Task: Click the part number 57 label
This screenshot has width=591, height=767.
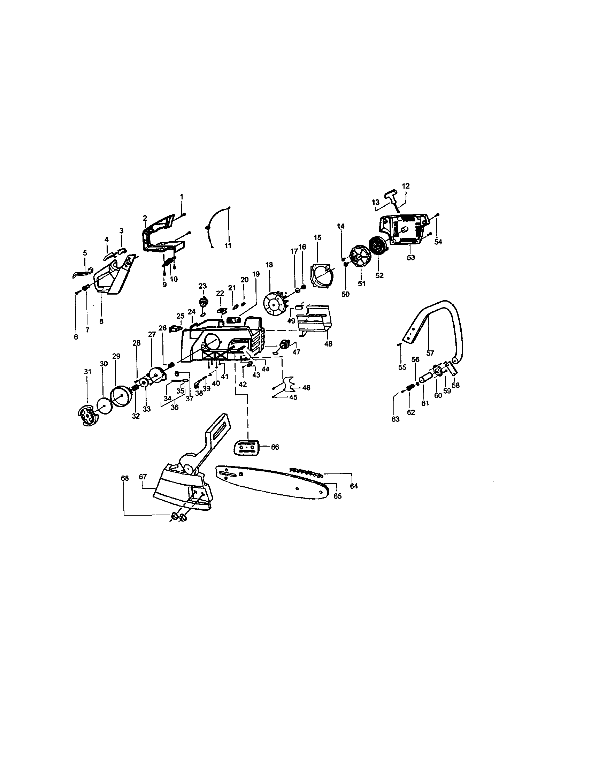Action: pyautogui.click(x=430, y=353)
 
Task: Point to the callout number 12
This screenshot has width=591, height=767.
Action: pyautogui.click(x=405, y=186)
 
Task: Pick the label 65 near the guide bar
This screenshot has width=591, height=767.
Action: pyautogui.click(x=337, y=496)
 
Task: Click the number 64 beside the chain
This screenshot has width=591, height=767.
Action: pyautogui.click(x=354, y=486)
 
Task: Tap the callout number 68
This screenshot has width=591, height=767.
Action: pyautogui.click(x=125, y=478)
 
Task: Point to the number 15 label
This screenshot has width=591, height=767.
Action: pyautogui.click(x=317, y=238)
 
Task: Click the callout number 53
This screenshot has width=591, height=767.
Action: pyautogui.click(x=410, y=257)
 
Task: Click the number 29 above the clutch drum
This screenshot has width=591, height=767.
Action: pyautogui.click(x=116, y=356)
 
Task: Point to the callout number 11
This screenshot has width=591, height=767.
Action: pyautogui.click(x=228, y=245)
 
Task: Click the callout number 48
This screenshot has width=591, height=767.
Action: pyautogui.click(x=328, y=344)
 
